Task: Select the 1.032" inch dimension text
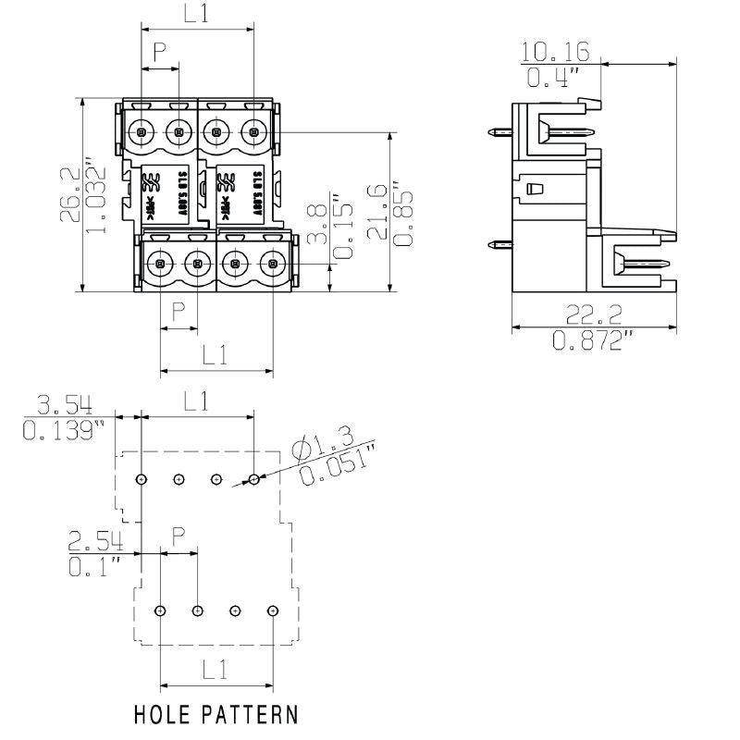pos(96,195)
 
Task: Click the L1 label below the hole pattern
pos(216,671)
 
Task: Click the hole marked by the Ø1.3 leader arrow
pos(253,479)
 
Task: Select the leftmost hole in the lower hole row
pos(160,611)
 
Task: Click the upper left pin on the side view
pos(499,132)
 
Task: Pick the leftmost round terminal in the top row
pos(142,132)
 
